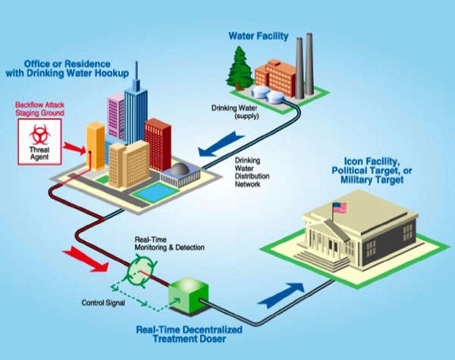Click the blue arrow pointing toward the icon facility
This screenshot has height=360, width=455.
[280, 294]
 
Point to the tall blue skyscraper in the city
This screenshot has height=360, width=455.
[136, 106]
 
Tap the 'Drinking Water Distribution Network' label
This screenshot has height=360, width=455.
[249, 172]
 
